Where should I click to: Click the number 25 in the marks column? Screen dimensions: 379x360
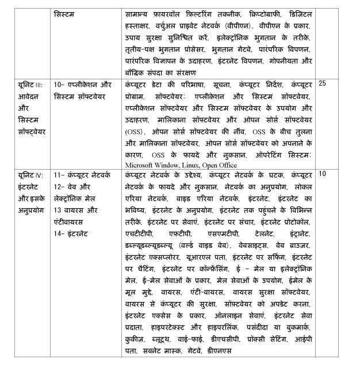click(x=322, y=83)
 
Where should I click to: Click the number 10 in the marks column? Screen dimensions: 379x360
click(x=322, y=173)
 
